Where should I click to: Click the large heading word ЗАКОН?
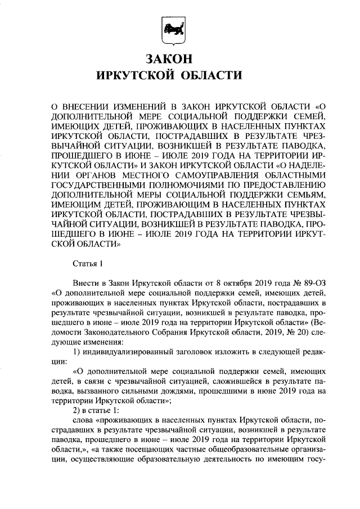point(170,59)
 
